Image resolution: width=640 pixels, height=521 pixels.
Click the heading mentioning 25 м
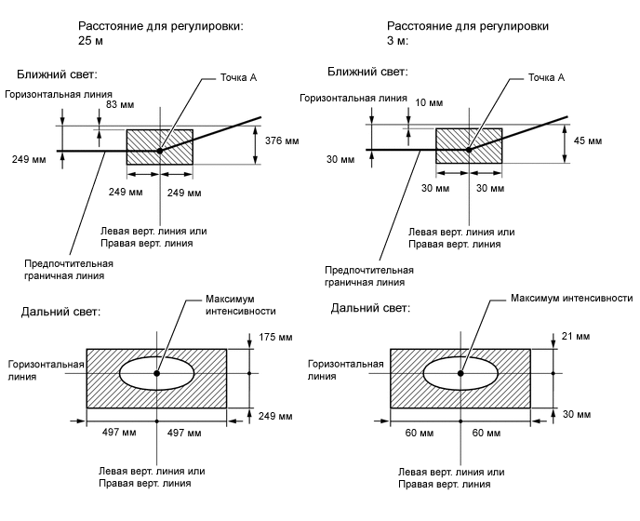(x=161, y=33)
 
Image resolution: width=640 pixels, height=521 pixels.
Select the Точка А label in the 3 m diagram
(x=546, y=77)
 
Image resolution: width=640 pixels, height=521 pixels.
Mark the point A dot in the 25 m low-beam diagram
(x=160, y=150)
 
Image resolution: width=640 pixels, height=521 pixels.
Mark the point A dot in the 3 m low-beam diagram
(x=468, y=150)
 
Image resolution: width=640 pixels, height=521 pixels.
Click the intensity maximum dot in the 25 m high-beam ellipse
(x=157, y=373)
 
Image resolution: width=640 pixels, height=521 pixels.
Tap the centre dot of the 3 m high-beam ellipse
(x=460, y=373)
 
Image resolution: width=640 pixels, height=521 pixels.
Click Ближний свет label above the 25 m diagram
(x=58, y=73)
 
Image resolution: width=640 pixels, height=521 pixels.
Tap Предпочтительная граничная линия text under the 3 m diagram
(x=369, y=275)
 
